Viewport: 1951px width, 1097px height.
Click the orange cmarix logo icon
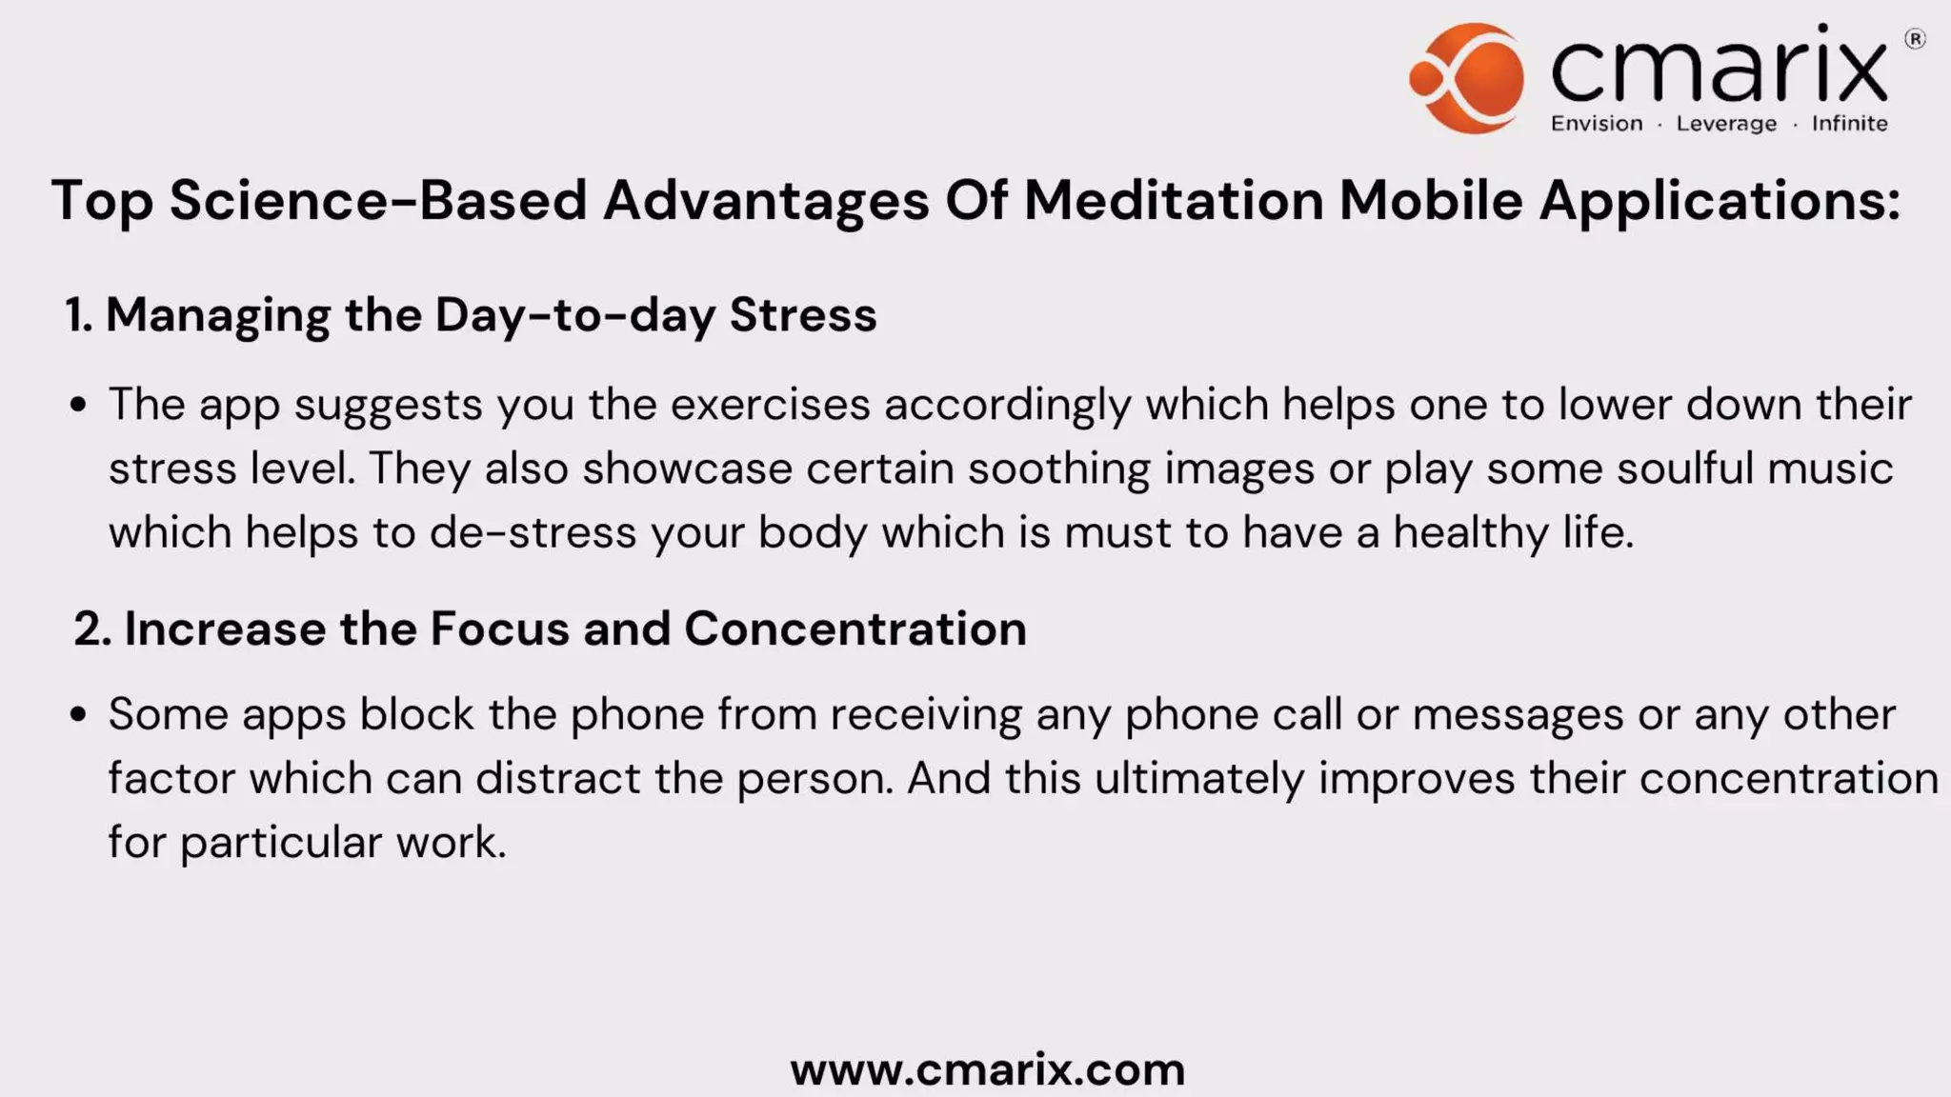(1468, 77)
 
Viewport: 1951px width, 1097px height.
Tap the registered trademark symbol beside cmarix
(1915, 39)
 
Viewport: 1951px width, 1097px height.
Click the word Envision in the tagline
(1597, 124)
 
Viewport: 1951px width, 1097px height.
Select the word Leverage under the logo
(1726, 124)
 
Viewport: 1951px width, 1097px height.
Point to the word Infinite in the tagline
(1849, 124)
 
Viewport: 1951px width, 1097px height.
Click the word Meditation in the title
(1174, 201)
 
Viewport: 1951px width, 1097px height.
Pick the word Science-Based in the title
(378, 201)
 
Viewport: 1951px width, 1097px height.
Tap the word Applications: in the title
(1720, 201)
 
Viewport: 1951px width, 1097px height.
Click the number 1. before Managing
(79, 315)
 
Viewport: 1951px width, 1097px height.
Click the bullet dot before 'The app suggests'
(79, 406)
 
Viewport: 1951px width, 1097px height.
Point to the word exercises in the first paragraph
(770, 405)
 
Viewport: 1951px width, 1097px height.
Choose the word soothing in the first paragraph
(1058, 469)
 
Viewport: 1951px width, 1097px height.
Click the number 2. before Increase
(92, 628)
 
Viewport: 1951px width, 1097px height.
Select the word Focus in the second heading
(499, 628)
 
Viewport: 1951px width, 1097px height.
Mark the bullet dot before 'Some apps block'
(79, 715)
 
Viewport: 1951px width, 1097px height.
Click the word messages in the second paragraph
(1518, 714)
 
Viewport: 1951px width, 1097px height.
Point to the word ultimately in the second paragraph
(1198, 778)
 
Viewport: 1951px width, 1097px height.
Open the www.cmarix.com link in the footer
(988, 1069)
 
